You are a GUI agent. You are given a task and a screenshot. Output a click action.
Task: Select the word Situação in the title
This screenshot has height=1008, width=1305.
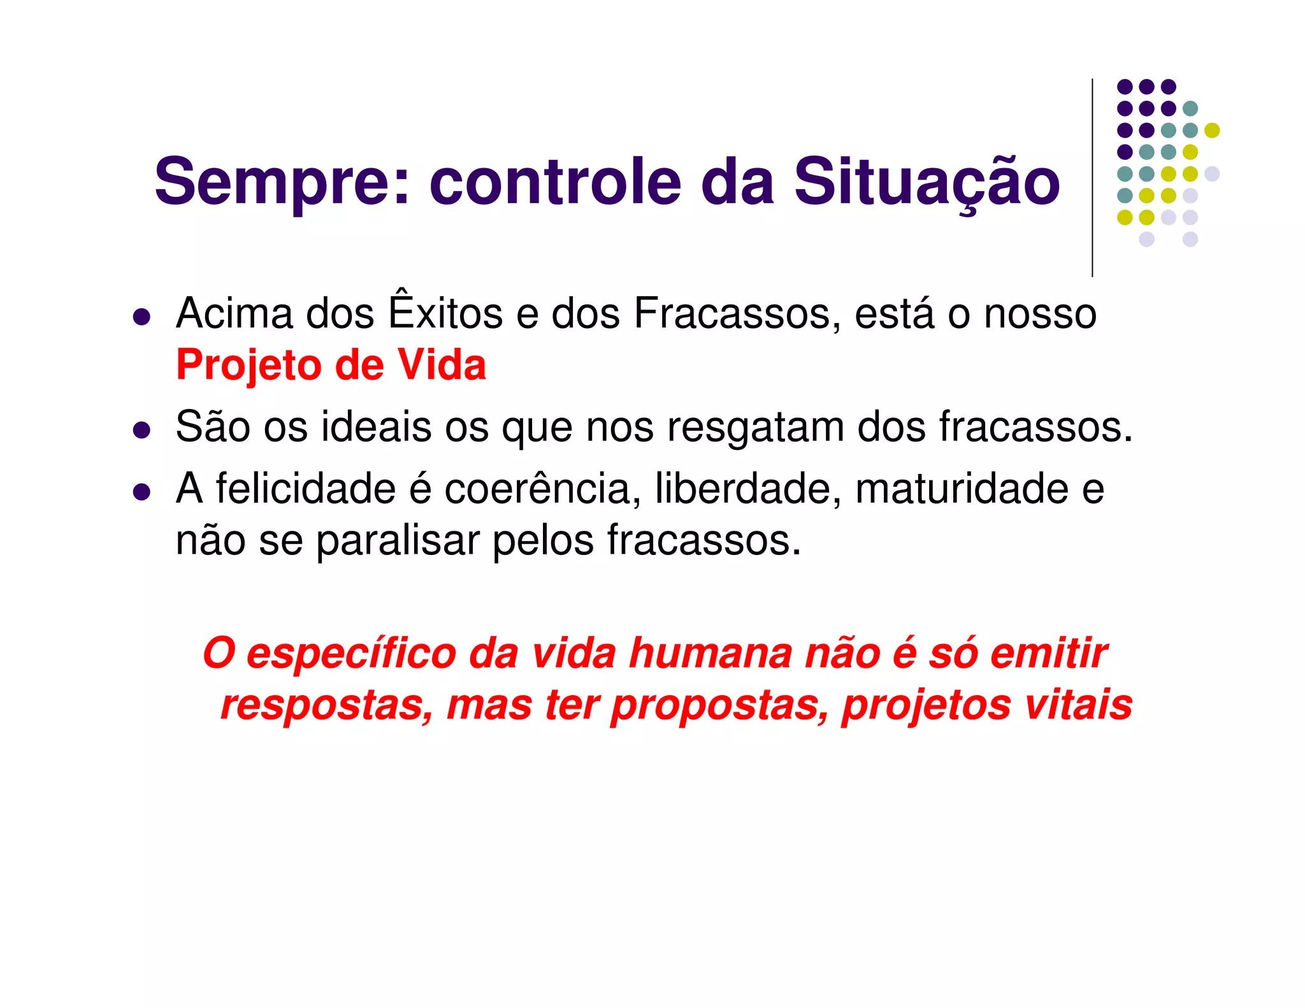(x=926, y=183)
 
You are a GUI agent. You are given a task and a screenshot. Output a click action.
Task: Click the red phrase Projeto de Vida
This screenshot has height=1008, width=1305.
(x=331, y=366)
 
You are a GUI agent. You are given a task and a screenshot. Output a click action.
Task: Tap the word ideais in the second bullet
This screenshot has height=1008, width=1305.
(x=376, y=426)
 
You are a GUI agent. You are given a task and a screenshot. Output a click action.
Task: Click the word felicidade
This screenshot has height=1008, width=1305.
(x=306, y=489)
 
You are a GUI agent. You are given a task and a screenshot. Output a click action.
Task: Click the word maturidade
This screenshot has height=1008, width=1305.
(x=962, y=489)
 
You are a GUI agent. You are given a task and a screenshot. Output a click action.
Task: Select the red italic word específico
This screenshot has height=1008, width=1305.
(x=351, y=654)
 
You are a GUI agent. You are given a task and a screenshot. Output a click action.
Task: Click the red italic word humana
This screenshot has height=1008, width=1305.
(x=709, y=654)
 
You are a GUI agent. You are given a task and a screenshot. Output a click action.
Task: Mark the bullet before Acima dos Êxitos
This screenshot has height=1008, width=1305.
(x=141, y=317)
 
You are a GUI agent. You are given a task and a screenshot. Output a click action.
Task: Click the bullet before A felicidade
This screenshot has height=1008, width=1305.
(x=141, y=492)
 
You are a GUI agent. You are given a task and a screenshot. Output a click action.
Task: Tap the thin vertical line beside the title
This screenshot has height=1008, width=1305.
(x=1092, y=178)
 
